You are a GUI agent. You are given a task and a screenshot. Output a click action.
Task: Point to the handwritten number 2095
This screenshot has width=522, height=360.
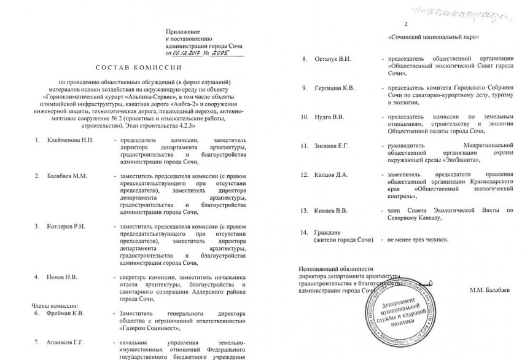(x=232, y=53)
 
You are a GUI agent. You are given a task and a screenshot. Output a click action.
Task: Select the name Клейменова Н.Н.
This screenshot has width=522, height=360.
(x=69, y=141)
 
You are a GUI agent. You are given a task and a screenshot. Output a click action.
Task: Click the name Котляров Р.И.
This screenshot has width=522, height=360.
(x=65, y=226)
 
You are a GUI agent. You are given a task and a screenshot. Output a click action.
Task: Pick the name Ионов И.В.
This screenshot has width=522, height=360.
(x=62, y=277)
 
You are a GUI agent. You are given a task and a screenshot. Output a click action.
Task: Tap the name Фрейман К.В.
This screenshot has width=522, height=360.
(x=65, y=312)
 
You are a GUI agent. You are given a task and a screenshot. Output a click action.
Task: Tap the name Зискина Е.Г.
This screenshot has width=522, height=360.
(x=332, y=146)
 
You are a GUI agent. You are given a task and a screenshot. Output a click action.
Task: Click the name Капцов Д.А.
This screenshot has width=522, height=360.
(x=332, y=174)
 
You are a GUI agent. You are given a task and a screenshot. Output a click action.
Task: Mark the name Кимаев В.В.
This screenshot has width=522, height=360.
(x=332, y=211)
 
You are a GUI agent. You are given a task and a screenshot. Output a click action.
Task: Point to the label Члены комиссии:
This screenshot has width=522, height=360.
(x=54, y=305)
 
